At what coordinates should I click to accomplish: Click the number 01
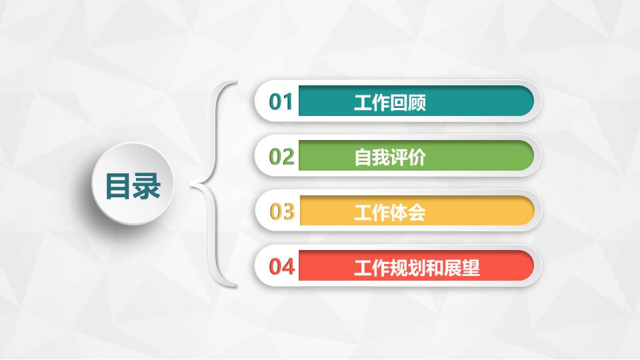[x=281, y=102]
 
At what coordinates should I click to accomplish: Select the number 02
[x=281, y=157]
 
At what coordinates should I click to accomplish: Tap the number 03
[x=282, y=212]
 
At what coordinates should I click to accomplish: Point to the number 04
[x=282, y=267]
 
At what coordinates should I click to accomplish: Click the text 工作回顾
[x=390, y=103]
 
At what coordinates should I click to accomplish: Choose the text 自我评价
[x=390, y=158]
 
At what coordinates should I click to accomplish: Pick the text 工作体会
[x=390, y=213]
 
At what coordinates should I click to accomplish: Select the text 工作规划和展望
[x=417, y=268]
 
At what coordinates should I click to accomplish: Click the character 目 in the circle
[x=119, y=186]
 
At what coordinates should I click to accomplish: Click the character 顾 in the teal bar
[x=417, y=103]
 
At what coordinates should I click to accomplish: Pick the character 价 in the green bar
[x=417, y=158]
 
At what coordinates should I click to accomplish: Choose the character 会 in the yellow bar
[x=417, y=213]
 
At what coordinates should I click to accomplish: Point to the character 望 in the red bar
[x=471, y=268]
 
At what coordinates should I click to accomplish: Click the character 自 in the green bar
[x=363, y=158]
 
